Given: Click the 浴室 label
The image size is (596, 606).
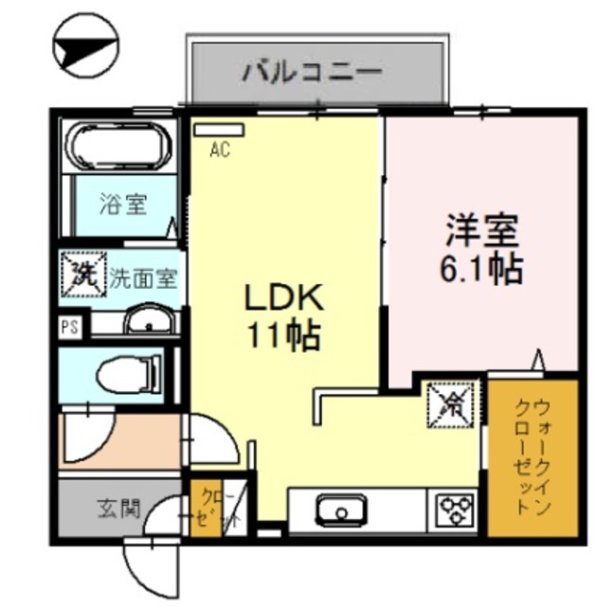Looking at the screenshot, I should pos(123,203).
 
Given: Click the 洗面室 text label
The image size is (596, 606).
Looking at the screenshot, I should pos(143,278).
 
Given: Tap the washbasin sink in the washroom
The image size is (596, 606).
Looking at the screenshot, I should pos(150,323).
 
